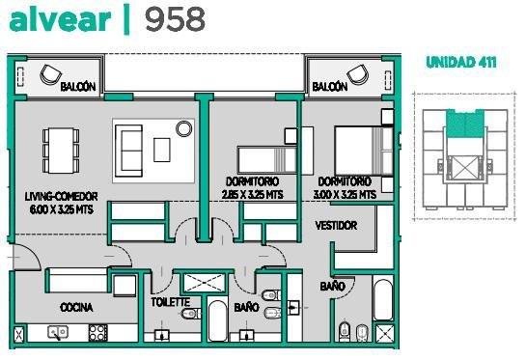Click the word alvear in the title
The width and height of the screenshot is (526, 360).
(x=60, y=20)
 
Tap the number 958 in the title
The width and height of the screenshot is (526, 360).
(x=175, y=19)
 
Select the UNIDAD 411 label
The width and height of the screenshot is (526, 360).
(x=461, y=63)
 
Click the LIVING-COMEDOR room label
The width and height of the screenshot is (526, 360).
(x=62, y=196)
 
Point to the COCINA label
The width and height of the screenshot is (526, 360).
(x=76, y=307)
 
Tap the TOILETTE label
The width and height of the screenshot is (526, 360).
(x=171, y=302)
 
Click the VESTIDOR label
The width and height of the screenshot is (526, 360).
(x=336, y=226)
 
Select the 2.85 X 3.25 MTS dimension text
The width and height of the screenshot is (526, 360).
(x=252, y=195)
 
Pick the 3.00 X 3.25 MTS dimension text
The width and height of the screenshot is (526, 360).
(x=345, y=195)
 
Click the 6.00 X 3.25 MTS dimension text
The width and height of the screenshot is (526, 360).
(x=62, y=209)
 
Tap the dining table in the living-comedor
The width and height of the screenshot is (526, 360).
(x=61, y=151)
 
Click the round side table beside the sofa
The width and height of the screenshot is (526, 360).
(x=184, y=128)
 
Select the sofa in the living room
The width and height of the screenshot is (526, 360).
(x=128, y=151)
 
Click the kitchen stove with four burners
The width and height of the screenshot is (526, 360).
(x=98, y=333)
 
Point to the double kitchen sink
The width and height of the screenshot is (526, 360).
(x=58, y=332)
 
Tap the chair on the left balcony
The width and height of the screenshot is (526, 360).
(x=50, y=74)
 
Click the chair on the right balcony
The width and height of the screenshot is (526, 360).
(x=358, y=74)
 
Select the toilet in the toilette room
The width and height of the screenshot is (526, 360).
(x=191, y=314)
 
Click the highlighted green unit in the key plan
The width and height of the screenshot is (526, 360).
(x=465, y=124)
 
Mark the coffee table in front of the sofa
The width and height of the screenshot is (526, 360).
(x=162, y=150)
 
